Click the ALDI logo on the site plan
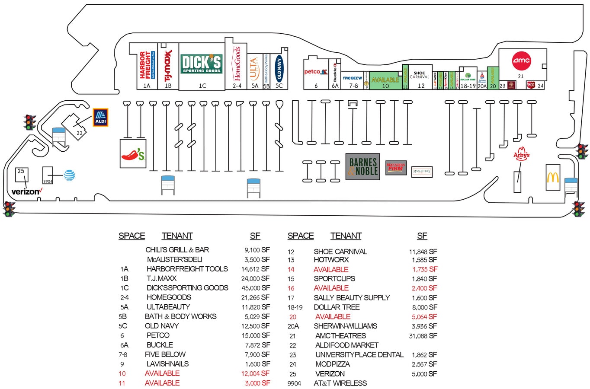(x=100, y=117)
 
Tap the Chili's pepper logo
(x=133, y=153)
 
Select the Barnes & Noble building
(x=362, y=166)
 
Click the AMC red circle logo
(x=521, y=61)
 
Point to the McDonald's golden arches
(x=553, y=177)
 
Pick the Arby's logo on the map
(x=521, y=155)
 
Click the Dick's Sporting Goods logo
(x=201, y=64)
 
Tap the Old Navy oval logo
(x=279, y=68)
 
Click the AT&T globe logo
(x=69, y=175)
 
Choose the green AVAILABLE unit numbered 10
(x=385, y=81)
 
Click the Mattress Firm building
(x=396, y=167)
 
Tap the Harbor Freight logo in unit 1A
(x=145, y=65)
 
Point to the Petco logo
(x=312, y=72)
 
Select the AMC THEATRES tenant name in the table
(x=340, y=336)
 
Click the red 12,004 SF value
(x=255, y=373)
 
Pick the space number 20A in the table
(x=293, y=326)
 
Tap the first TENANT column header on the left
(x=177, y=236)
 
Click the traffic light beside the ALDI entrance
(x=30, y=122)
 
